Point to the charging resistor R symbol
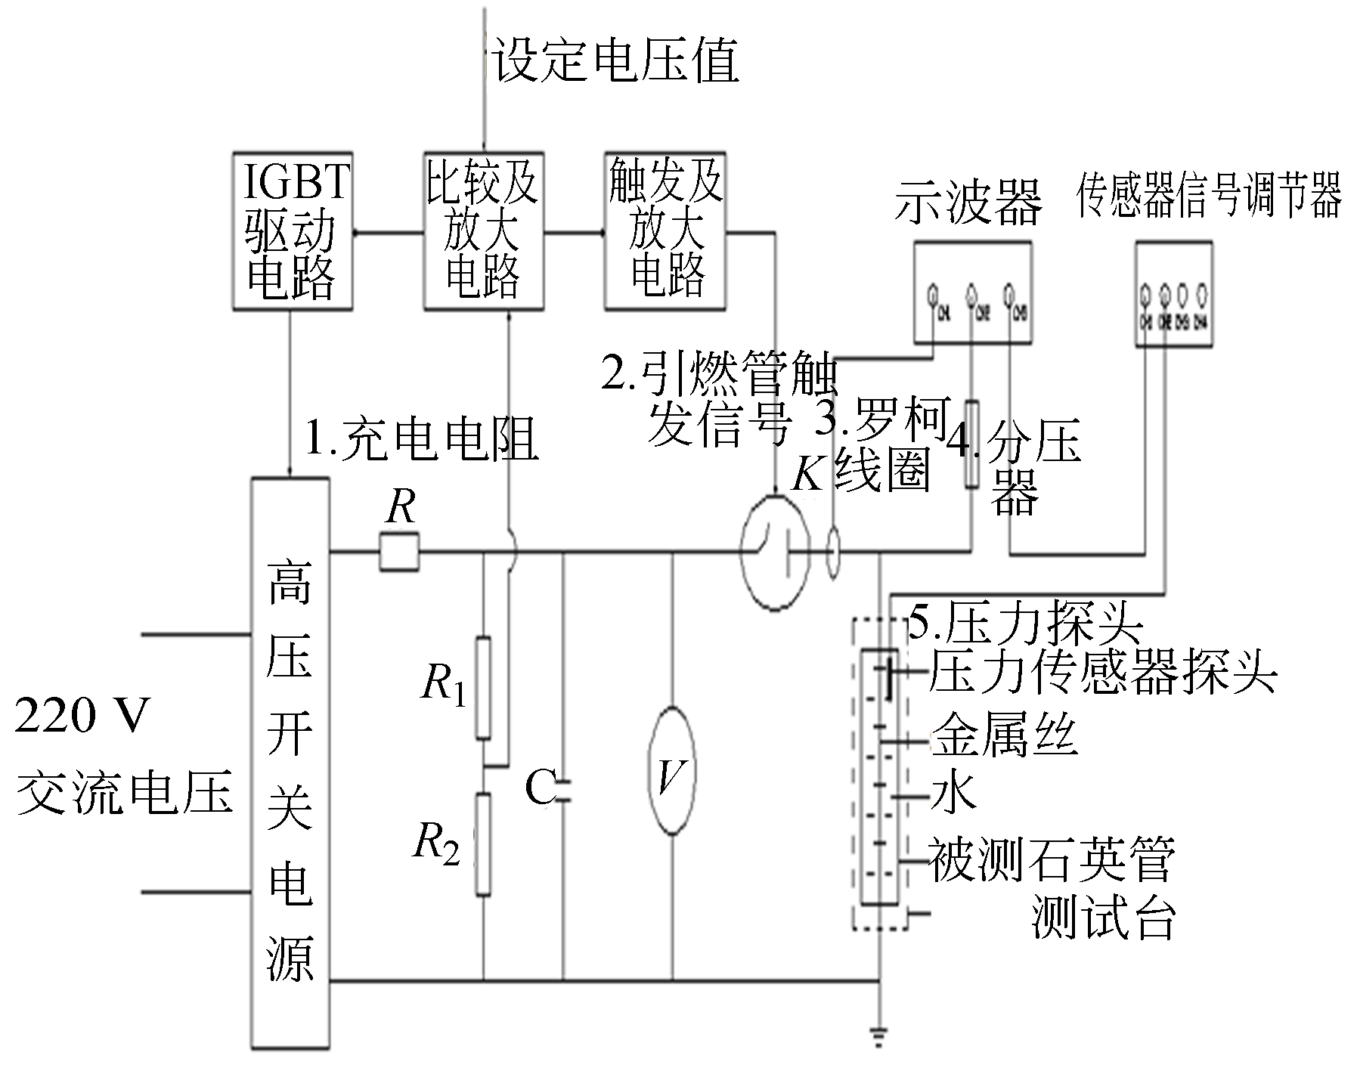[x=398, y=553]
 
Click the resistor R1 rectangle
[x=483, y=687]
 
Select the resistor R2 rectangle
[x=483, y=844]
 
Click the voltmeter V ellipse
[x=673, y=771]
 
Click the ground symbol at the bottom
[x=879, y=1037]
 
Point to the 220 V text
[x=82, y=715]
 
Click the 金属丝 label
[x=1003, y=735]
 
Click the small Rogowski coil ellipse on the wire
[x=834, y=553]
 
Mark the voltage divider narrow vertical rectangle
[x=972, y=443]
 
